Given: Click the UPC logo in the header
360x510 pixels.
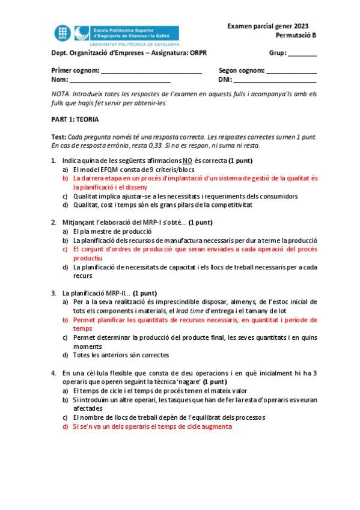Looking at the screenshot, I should (x=63, y=33).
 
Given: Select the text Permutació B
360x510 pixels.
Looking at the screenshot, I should (x=296, y=35).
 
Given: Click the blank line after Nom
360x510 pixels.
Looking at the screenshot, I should (x=120, y=80).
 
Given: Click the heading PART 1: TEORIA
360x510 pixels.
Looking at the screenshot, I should (x=75, y=120).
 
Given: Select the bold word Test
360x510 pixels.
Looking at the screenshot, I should (x=58, y=137).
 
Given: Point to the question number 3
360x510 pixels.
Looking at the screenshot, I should (x=53, y=293).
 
